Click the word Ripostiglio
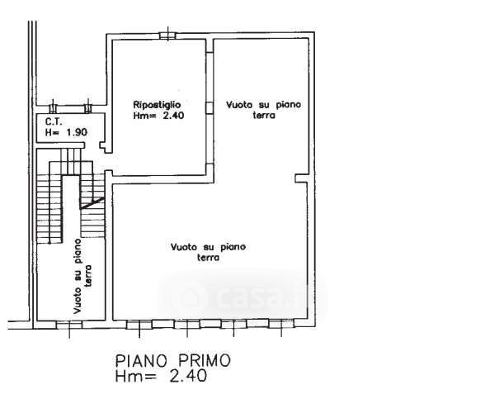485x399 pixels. pyautogui.click(x=157, y=105)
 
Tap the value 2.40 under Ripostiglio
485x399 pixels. pyautogui.click(x=171, y=116)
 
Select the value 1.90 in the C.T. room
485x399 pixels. pyautogui.click(x=77, y=132)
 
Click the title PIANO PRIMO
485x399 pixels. pyautogui.click(x=173, y=361)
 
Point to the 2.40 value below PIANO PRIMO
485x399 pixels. pyautogui.click(x=188, y=376)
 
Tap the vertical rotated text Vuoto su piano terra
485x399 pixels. pyautogui.click(x=82, y=276)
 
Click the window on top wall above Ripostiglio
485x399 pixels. pyautogui.click(x=168, y=36)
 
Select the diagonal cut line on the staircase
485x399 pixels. pyautogui.click(x=92, y=203)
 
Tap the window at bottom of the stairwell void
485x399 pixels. pyautogui.click(x=69, y=325)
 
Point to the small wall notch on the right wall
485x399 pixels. pyautogui.click(x=300, y=178)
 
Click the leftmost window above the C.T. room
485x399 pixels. pyautogui.click(x=53, y=108)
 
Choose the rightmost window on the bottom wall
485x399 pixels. pyautogui.click(x=281, y=324)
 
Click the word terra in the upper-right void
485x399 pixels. pyautogui.click(x=264, y=116)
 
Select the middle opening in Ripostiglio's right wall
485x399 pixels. pyautogui.click(x=210, y=107)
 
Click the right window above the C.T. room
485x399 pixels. pyautogui.click(x=88, y=108)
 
